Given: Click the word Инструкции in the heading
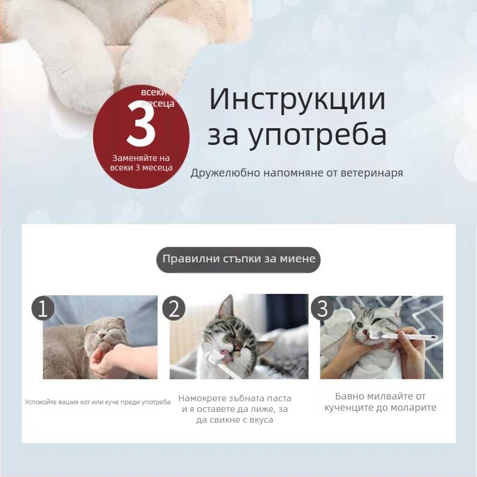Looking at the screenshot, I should (297, 100).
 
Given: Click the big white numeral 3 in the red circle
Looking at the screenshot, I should (141, 125).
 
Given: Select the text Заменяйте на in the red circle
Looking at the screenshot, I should (141, 158).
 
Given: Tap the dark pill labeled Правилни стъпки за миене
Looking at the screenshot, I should (238, 259).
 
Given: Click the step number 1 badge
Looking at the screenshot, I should (42, 308).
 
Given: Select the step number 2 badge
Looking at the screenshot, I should (174, 308).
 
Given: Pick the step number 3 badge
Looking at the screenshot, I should (323, 308).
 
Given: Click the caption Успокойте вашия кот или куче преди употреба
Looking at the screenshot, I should (97, 402).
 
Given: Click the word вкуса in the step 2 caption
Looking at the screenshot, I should (259, 420).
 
